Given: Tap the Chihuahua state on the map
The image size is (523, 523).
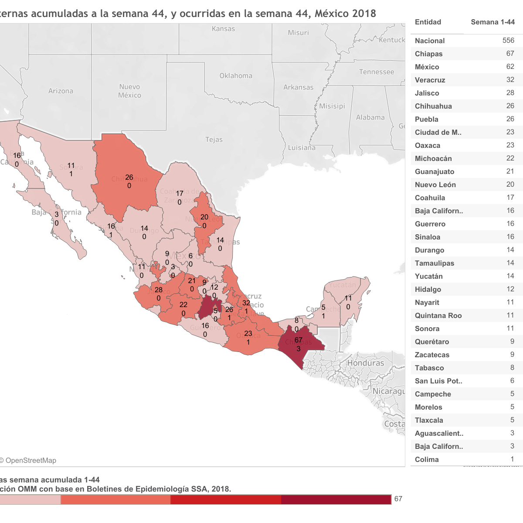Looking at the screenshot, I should tap(124, 174).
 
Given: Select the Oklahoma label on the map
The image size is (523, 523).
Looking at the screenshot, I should tap(236, 76).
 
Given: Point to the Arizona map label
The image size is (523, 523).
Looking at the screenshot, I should tap(61, 91).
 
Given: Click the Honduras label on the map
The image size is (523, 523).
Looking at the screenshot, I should tap(366, 363).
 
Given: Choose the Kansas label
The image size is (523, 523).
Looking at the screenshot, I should tap(223, 29).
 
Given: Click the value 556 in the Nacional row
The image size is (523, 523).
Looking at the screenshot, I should tap(508, 41).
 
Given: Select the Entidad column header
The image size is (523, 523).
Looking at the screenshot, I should tap(428, 22).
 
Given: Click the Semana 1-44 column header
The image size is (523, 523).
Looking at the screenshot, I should tap(492, 22).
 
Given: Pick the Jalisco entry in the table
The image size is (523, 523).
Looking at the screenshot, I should tap(427, 93).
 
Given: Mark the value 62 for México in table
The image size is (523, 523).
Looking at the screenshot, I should tap(510, 67).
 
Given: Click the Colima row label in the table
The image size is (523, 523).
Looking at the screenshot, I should tap(427, 459).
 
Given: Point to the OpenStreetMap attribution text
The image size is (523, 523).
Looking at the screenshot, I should tap(30, 461).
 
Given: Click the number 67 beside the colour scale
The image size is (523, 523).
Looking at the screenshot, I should tap(398, 499).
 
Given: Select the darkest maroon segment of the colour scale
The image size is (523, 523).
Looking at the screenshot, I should tap(336, 499).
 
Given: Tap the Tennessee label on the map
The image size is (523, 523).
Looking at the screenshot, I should tap(377, 72).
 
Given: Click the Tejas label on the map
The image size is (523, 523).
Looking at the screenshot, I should tap(214, 140).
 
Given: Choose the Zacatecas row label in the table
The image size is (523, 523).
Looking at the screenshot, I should tap(432, 355).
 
